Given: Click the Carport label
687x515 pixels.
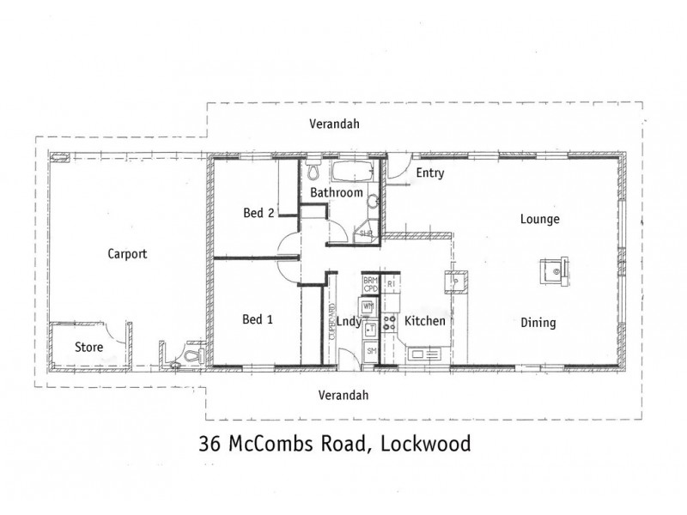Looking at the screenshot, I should coord(127,254).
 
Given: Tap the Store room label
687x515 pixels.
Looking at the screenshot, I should coord(88,348).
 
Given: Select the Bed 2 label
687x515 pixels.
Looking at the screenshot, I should coord(258,214).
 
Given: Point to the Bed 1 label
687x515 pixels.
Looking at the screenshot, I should coord(258,319).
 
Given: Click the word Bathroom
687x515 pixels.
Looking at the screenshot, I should coord(336,193).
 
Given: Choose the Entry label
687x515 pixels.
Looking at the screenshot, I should coord(429,173).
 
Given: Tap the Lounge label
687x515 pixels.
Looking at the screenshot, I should coord(540,219).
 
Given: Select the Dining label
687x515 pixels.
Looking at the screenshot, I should coord(538,324).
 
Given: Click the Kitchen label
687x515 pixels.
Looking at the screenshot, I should coord(425,321).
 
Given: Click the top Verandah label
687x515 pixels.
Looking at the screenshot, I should coord(334,124).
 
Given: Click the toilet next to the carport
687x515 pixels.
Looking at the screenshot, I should coord(191,355).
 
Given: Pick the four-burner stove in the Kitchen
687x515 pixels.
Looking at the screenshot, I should coord(389,324).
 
